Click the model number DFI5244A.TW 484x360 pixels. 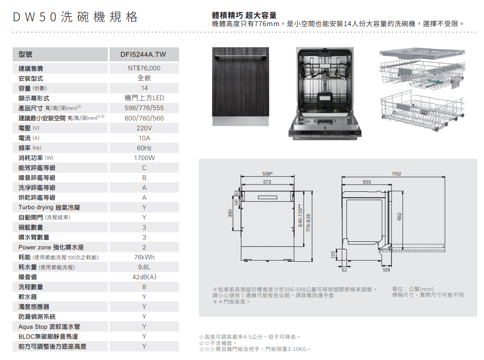[143, 55]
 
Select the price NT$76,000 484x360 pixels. [144, 68]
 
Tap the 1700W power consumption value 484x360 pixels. [144, 158]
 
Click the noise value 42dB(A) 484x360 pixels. [144, 277]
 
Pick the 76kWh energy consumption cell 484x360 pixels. [144, 257]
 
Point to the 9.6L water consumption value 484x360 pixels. [144, 267]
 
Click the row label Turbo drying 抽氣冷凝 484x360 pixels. [50, 208]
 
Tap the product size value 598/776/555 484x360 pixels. [144, 108]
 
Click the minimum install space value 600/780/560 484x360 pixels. [144, 118]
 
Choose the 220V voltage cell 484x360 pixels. [144, 128]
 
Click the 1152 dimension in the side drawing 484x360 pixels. [396, 174]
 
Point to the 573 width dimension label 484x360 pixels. [267, 182]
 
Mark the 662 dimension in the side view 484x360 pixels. [400, 217]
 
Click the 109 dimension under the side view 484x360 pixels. [386, 270]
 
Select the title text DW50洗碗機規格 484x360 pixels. [74, 18]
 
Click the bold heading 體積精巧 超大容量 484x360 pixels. [244, 15]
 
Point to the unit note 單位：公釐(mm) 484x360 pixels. [413, 289]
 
